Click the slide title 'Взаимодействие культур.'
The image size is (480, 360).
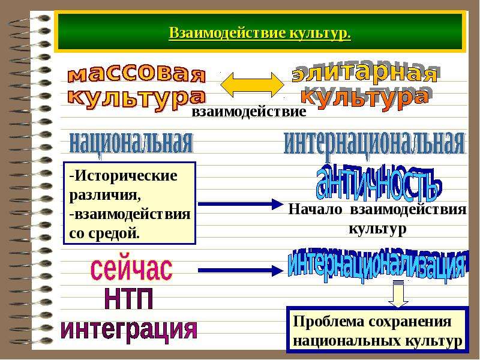pos(260,33)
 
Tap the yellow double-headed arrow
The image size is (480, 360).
pos(252,85)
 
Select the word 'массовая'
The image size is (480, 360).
pos(137,74)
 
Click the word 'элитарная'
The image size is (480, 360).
pos(364,74)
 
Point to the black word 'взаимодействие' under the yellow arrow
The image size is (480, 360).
pos(249,111)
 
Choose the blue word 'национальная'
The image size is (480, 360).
pos(131,143)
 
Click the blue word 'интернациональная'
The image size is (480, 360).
pos(374,143)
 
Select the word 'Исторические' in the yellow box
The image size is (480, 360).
pos(126,176)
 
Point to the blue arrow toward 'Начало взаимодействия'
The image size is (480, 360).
pos(241,204)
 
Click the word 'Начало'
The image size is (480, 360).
pos(315,209)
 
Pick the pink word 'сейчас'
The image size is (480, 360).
pos(131,269)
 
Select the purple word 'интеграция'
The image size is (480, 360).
pos(129,329)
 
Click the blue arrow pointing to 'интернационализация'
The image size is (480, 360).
pos(241,271)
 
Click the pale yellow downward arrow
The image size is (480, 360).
pos(398,293)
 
